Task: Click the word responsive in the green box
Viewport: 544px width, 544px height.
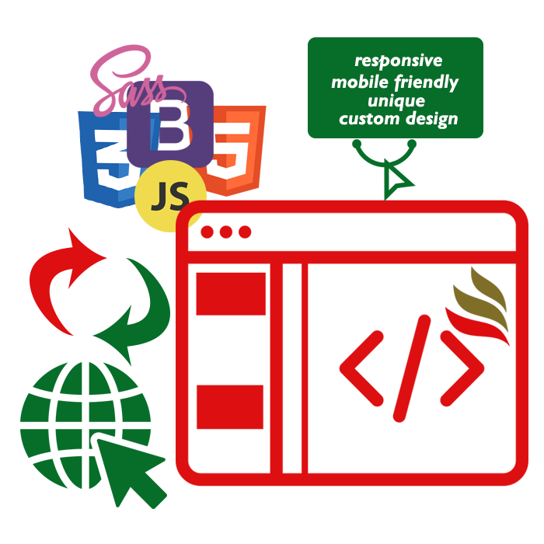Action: pos(398,61)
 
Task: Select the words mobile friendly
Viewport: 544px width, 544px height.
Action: pos(395,81)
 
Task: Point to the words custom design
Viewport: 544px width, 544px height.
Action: pos(398,119)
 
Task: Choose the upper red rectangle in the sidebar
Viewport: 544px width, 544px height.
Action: pos(231,294)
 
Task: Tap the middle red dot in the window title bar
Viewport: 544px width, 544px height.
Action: pos(226,232)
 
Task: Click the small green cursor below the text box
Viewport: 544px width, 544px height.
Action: pos(397,181)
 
